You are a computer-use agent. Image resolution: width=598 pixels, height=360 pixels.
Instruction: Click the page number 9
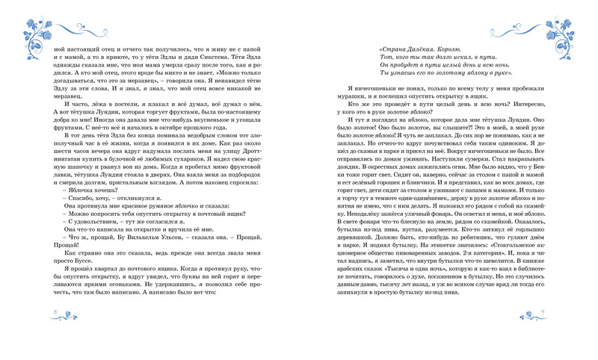(x=542, y=332)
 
